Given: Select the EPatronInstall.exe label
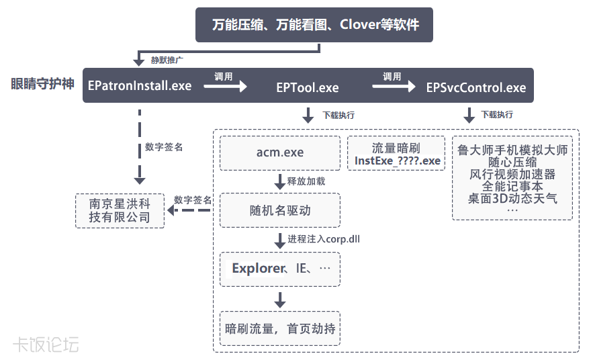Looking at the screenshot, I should [140, 86].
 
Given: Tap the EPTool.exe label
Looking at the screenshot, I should [308, 88].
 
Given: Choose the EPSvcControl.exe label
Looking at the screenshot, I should [475, 88].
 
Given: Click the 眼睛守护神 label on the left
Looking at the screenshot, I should [42, 84].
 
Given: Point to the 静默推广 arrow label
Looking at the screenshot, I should [165, 60].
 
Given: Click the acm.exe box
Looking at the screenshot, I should [280, 152].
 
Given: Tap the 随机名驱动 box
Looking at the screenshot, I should [280, 210].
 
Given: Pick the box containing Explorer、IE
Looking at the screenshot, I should [280, 269].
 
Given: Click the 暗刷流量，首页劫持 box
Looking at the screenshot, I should [280, 328].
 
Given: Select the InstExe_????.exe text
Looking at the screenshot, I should [398, 161].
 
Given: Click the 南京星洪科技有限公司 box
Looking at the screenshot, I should [120, 210].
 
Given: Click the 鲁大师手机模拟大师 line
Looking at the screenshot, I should [512, 150].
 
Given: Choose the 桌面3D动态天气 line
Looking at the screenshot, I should [512, 198].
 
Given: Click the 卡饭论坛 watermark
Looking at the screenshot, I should [46, 345].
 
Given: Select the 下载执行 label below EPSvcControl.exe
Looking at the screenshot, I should [497, 115].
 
